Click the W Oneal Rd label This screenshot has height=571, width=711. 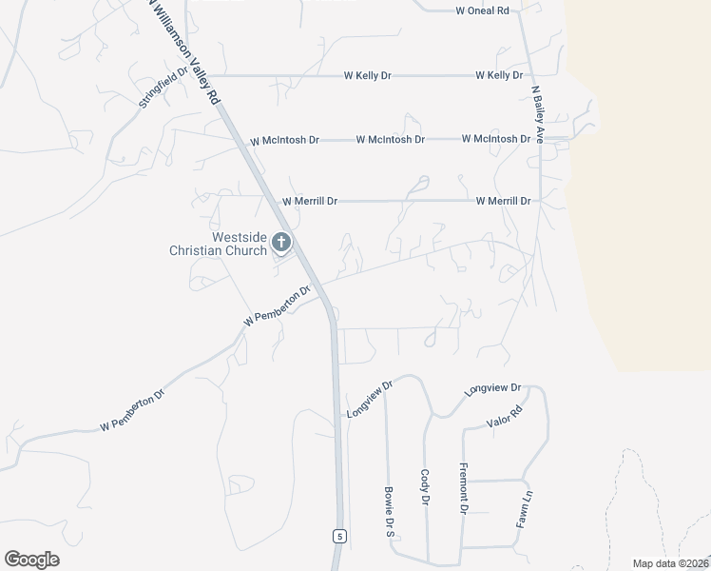click(483, 10)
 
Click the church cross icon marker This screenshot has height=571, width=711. click(280, 243)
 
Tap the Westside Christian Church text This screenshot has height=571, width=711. click(218, 245)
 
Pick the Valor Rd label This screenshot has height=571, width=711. click(505, 417)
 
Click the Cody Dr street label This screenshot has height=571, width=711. click(425, 486)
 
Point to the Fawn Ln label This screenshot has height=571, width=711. click(524, 508)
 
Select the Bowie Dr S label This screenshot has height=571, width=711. click(389, 513)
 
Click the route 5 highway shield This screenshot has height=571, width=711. click(339, 537)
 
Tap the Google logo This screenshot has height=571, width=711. click(31, 560)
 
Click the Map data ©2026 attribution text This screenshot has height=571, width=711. click(671, 563)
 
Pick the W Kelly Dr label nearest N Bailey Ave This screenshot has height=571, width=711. click(499, 75)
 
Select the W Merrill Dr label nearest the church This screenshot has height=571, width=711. click(310, 202)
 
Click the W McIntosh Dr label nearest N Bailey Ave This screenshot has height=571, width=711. click(495, 139)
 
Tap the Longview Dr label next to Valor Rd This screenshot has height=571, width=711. click(493, 389)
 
